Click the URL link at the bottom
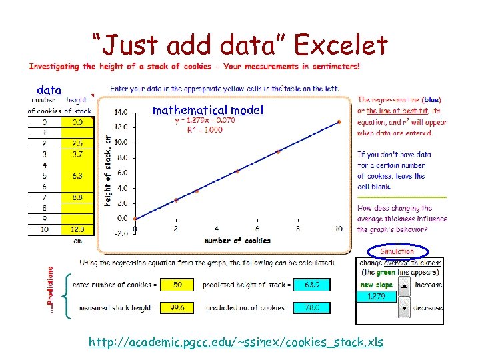click(x=236, y=342)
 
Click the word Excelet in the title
click(x=341, y=46)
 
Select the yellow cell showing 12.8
click(x=77, y=229)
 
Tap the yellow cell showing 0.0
click(x=77, y=123)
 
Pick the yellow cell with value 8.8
click(x=77, y=197)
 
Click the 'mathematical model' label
click(x=208, y=110)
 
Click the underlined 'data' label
click(x=49, y=90)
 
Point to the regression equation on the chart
click(x=205, y=121)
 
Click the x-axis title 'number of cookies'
click(x=237, y=241)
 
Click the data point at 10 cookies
click(x=339, y=122)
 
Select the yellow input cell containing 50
click(x=177, y=285)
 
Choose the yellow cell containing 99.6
click(x=177, y=307)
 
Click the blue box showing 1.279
click(x=377, y=296)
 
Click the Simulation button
click(x=397, y=251)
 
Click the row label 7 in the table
click(x=44, y=197)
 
